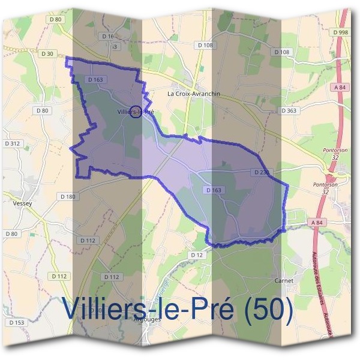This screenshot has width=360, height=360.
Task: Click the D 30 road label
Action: tap(47, 54)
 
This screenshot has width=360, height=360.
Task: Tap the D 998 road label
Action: tap(341, 32)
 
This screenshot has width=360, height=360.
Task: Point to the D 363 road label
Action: tap(289, 110)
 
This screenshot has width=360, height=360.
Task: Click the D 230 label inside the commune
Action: tap(262, 172)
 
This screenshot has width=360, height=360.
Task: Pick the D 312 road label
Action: tap(11, 143)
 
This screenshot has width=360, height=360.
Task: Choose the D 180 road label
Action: tap(68, 197)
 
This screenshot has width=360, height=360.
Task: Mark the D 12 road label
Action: tap(196, 255)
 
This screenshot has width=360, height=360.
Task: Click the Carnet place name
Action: tap(283, 280)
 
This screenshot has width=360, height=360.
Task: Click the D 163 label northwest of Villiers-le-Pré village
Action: tap(95, 79)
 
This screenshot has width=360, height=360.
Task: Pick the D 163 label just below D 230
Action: tap(214, 190)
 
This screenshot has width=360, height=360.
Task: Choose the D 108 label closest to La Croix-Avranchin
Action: tap(204, 46)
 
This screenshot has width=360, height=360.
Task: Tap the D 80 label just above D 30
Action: tap(56, 20)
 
